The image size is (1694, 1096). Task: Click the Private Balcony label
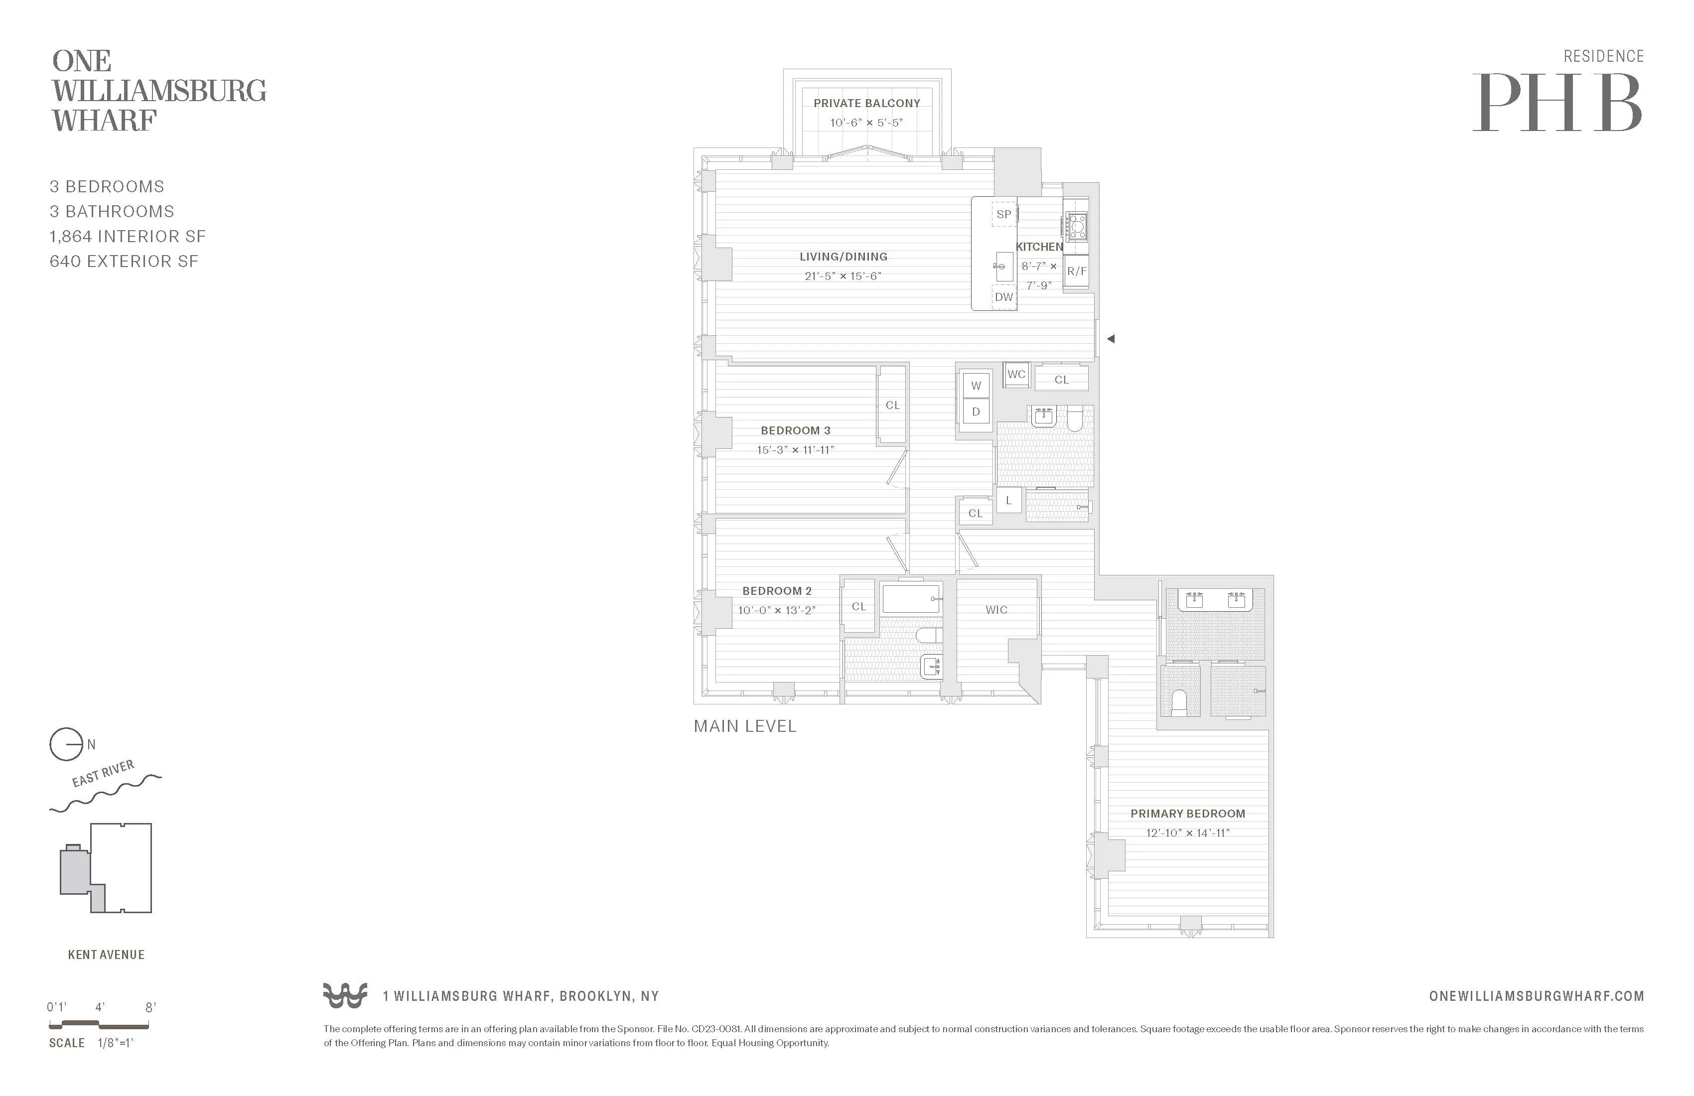[866, 103]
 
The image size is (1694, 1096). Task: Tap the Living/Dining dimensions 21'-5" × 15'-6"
[843, 276]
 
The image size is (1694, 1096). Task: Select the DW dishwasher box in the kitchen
[1003, 297]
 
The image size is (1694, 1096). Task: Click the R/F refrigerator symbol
[1076, 271]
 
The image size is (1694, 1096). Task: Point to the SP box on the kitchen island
[1003, 214]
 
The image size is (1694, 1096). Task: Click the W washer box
[976, 386]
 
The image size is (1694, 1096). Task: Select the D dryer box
[976, 411]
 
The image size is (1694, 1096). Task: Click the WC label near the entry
[1016, 374]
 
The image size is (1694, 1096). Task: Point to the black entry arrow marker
[1111, 339]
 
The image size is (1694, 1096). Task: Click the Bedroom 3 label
[795, 430]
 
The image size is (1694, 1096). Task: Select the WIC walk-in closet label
[996, 610]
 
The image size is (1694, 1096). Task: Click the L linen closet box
[1008, 500]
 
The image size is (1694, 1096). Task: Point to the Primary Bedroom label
[1187, 814]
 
